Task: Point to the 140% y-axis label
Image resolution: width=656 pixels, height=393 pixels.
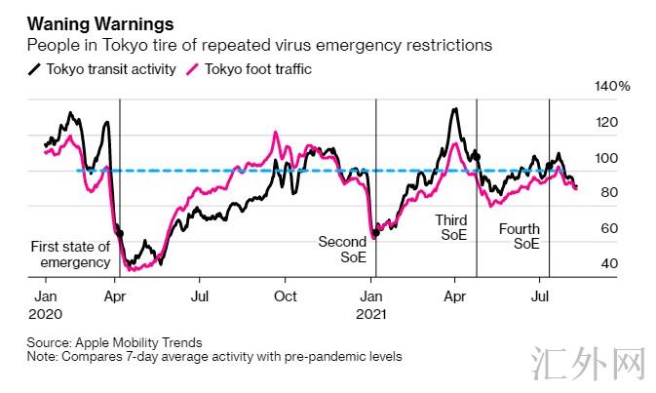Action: (612, 87)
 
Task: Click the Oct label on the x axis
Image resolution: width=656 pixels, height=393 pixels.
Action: (286, 295)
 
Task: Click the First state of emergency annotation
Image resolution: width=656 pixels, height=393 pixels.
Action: (70, 255)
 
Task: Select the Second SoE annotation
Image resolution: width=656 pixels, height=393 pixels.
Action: (342, 251)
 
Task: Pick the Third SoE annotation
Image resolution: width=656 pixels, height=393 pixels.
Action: (451, 228)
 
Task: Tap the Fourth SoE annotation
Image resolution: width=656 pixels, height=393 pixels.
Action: (519, 237)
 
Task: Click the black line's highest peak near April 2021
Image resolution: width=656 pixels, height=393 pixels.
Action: (454, 108)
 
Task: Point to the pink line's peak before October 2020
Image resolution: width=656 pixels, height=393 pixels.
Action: (276, 132)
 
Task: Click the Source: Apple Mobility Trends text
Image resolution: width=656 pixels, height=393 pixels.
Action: (115, 342)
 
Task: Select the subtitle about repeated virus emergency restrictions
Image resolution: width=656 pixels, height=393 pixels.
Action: (258, 45)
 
